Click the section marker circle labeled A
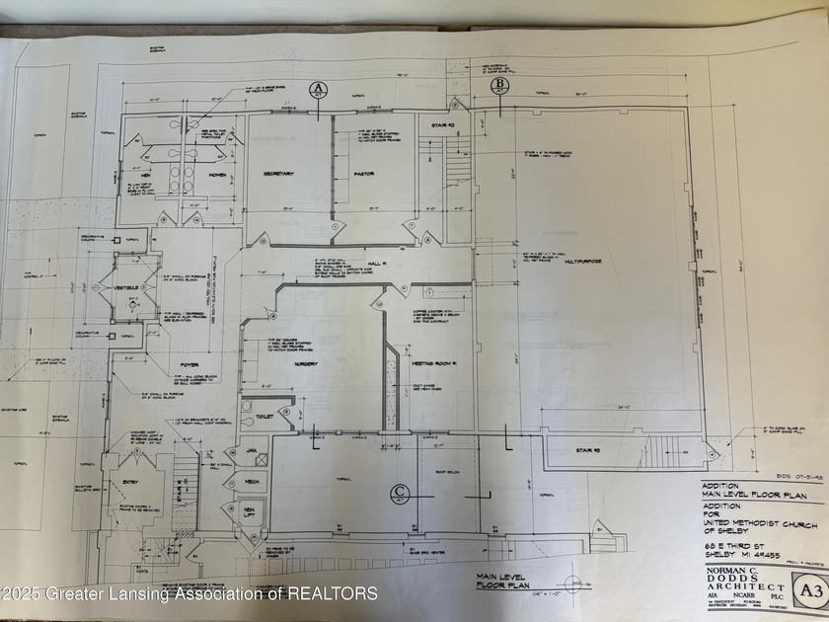tap(318, 89)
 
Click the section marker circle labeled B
tap(499, 86)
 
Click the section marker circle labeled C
tap(400, 491)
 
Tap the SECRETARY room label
tap(279, 174)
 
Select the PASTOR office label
tap(362, 174)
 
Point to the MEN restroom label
tap(145, 177)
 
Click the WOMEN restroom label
tap(214, 177)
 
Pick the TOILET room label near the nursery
tap(265, 417)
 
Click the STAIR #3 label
tap(591, 450)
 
